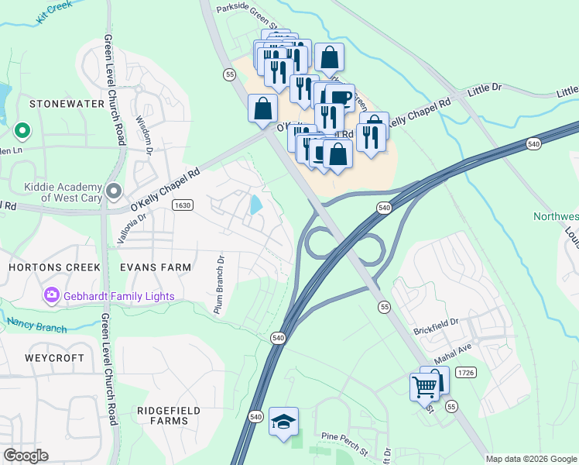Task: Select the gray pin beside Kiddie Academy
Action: pos(114,190)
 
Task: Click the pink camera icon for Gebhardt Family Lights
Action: pos(52,295)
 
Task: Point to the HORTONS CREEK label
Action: pos(54,267)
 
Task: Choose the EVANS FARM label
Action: pos(156,267)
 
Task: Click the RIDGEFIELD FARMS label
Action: pos(168,415)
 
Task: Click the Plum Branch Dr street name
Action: pos(220,284)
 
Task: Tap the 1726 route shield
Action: pos(465,373)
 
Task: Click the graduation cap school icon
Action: pos(283,421)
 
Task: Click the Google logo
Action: pos(26,456)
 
